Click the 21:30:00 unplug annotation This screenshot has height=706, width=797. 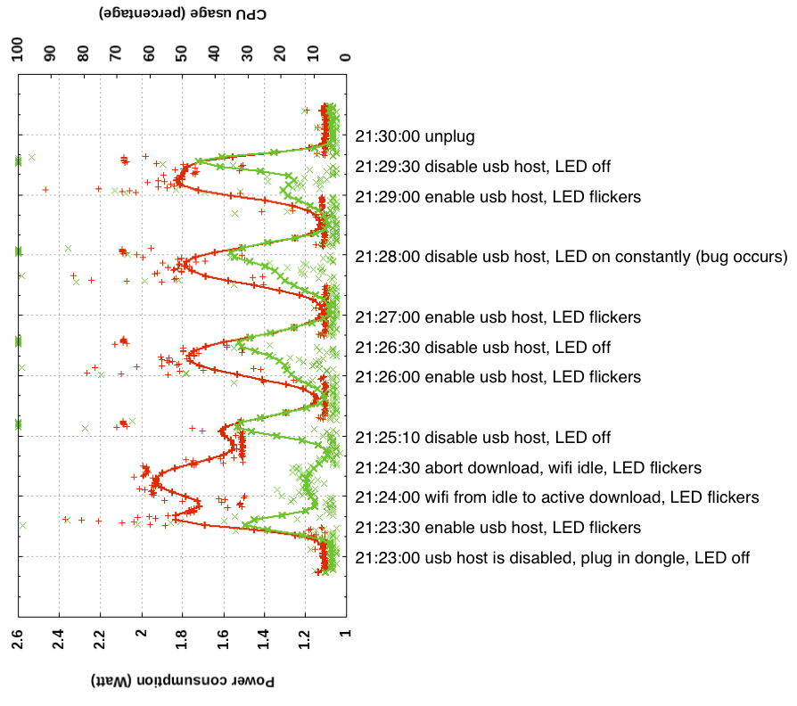click(415, 137)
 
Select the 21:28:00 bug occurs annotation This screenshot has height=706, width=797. click(571, 257)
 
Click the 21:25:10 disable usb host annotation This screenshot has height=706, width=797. click(482, 438)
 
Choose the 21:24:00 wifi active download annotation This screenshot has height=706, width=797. click(556, 497)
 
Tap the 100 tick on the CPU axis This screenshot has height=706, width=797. click(17, 50)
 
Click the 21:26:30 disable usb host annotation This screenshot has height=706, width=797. click(482, 348)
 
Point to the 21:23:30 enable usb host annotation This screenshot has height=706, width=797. click(497, 528)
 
